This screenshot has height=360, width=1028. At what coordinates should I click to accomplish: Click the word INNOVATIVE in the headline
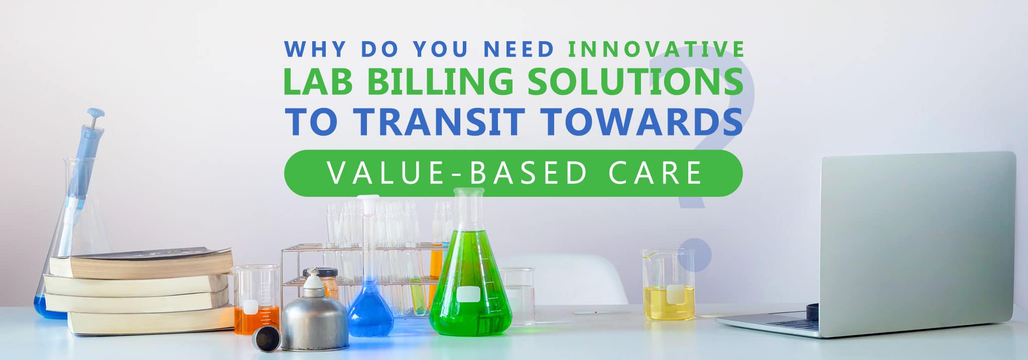point(657,49)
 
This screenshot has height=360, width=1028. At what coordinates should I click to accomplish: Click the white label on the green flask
point(467,294)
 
